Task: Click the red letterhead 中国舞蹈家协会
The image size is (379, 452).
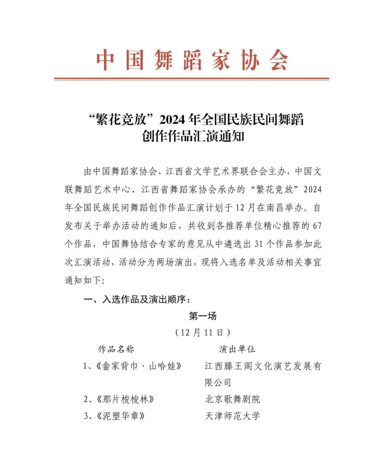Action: click(x=192, y=60)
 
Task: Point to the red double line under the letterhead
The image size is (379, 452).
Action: click(x=191, y=79)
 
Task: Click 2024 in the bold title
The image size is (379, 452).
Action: click(x=172, y=120)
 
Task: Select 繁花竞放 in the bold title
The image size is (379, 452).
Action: click(x=121, y=120)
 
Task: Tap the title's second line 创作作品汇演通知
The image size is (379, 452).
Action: click(x=193, y=136)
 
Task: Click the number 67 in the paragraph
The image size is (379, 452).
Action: click(x=317, y=226)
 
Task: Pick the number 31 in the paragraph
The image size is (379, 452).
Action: click(x=259, y=244)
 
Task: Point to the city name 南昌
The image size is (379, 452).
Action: click(x=275, y=208)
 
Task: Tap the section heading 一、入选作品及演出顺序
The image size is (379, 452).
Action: click(x=137, y=299)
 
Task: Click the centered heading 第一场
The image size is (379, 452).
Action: click(x=203, y=316)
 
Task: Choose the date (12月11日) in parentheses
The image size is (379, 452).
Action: click(x=203, y=333)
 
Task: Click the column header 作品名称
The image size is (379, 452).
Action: click(x=116, y=349)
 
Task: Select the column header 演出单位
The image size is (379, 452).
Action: click(x=237, y=349)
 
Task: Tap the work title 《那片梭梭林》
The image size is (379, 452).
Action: click(x=125, y=399)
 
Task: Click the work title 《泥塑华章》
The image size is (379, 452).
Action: click(x=121, y=416)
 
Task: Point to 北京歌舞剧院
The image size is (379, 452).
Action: click(x=232, y=399)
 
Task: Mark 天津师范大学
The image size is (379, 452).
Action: click(x=232, y=416)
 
